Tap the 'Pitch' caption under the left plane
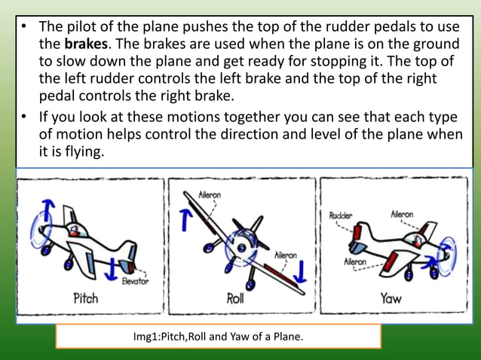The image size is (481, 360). [x=85, y=297]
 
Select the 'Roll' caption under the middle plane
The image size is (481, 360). [x=235, y=298]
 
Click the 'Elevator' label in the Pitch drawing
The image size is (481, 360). [x=135, y=281]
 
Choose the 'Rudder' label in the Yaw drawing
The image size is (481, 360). [x=341, y=215]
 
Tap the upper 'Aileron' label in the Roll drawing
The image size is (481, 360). [x=210, y=194]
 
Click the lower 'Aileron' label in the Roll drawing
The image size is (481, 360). [x=285, y=255]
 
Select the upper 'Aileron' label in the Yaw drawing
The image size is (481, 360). [x=401, y=215]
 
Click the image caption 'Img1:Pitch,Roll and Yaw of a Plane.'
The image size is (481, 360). [x=218, y=336]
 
